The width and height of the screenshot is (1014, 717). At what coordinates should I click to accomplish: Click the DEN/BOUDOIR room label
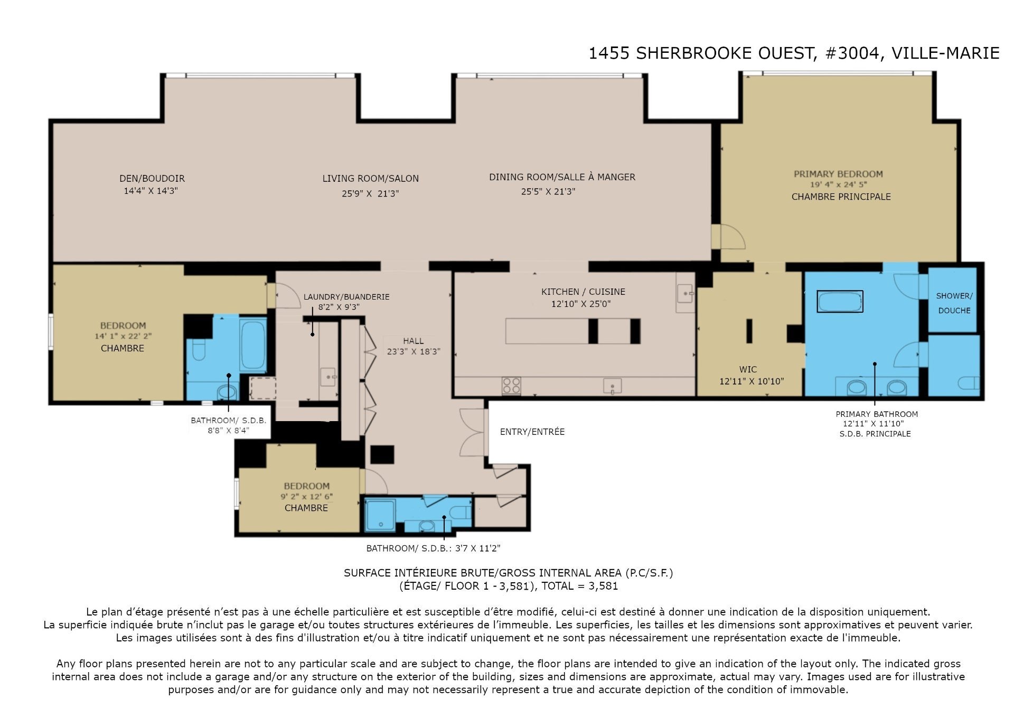[x=152, y=179]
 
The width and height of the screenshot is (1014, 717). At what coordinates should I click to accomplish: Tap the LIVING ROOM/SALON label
[x=371, y=179]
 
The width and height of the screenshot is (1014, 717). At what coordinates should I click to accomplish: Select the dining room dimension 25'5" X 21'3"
[x=548, y=191]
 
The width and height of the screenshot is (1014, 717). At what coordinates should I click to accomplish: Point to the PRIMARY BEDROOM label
[x=838, y=174]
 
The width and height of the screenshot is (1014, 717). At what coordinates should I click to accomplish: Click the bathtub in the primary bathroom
[x=840, y=302]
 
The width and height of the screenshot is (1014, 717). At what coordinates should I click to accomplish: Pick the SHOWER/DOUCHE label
[x=954, y=303]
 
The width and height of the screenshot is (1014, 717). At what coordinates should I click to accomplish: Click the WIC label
[x=748, y=369]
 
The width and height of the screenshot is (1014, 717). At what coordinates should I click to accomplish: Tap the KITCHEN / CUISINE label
[x=583, y=292]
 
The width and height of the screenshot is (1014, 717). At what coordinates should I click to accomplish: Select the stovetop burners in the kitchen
[x=511, y=385]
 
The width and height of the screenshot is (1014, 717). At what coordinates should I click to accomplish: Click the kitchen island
[x=573, y=331]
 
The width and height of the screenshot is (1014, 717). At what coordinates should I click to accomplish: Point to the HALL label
[x=413, y=341]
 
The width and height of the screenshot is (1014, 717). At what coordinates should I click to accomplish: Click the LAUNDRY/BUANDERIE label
[x=346, y=297]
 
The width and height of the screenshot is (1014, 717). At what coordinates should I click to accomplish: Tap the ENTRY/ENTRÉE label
[x=532, y=432]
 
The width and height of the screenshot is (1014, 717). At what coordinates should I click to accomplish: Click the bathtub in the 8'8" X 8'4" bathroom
[x=252, y=344]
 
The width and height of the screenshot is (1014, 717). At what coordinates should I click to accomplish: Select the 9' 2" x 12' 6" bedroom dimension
[x=307, y=497]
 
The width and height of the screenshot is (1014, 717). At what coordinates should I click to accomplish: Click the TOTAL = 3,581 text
[x=580, y=585]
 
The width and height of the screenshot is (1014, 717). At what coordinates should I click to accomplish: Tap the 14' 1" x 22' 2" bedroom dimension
[x=124, y=336]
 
